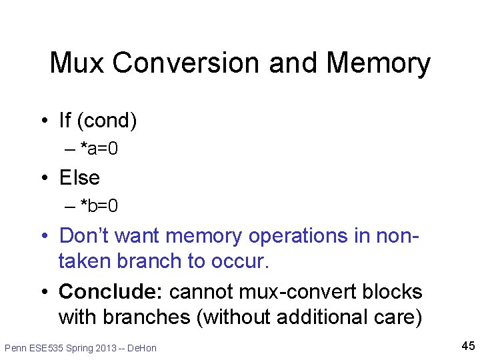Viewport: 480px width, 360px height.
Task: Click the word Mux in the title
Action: click(77, 63)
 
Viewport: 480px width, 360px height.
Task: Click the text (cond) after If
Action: click(107, 121)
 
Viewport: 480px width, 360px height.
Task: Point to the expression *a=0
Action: click(99, 148)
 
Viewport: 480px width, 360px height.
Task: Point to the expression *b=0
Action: click(99, 205)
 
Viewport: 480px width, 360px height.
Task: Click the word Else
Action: click(79, 178)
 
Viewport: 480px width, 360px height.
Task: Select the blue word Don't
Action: click(86, 235)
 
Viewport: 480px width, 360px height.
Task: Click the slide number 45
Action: click(467, 345)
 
